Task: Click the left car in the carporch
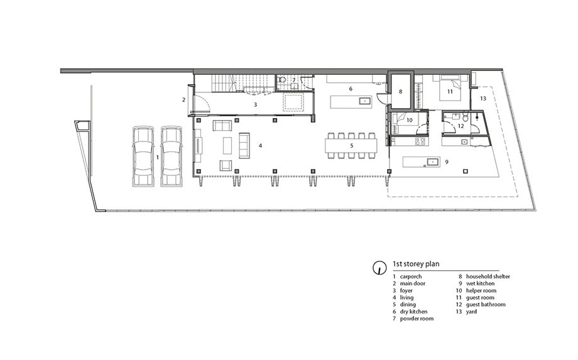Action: [143, 156]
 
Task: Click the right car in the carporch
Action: [172, 156]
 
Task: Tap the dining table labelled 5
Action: [351, 146]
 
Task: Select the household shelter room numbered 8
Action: [401, 91]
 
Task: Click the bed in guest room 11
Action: [450, 88]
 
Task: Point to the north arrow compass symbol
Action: [378, 268]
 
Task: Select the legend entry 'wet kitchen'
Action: [481, 283]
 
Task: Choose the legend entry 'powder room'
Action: [417, 319]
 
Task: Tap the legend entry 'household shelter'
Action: [488, 276]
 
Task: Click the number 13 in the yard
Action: [483, 99]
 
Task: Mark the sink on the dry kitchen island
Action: [365, 101]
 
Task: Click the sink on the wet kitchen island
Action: [432, 161]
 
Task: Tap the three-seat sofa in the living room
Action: [244, 146]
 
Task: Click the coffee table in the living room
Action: [227, 146]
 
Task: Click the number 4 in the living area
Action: [260, 146]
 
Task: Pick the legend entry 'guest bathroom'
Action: [486, 305]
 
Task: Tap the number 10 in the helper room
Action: [409, 120]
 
